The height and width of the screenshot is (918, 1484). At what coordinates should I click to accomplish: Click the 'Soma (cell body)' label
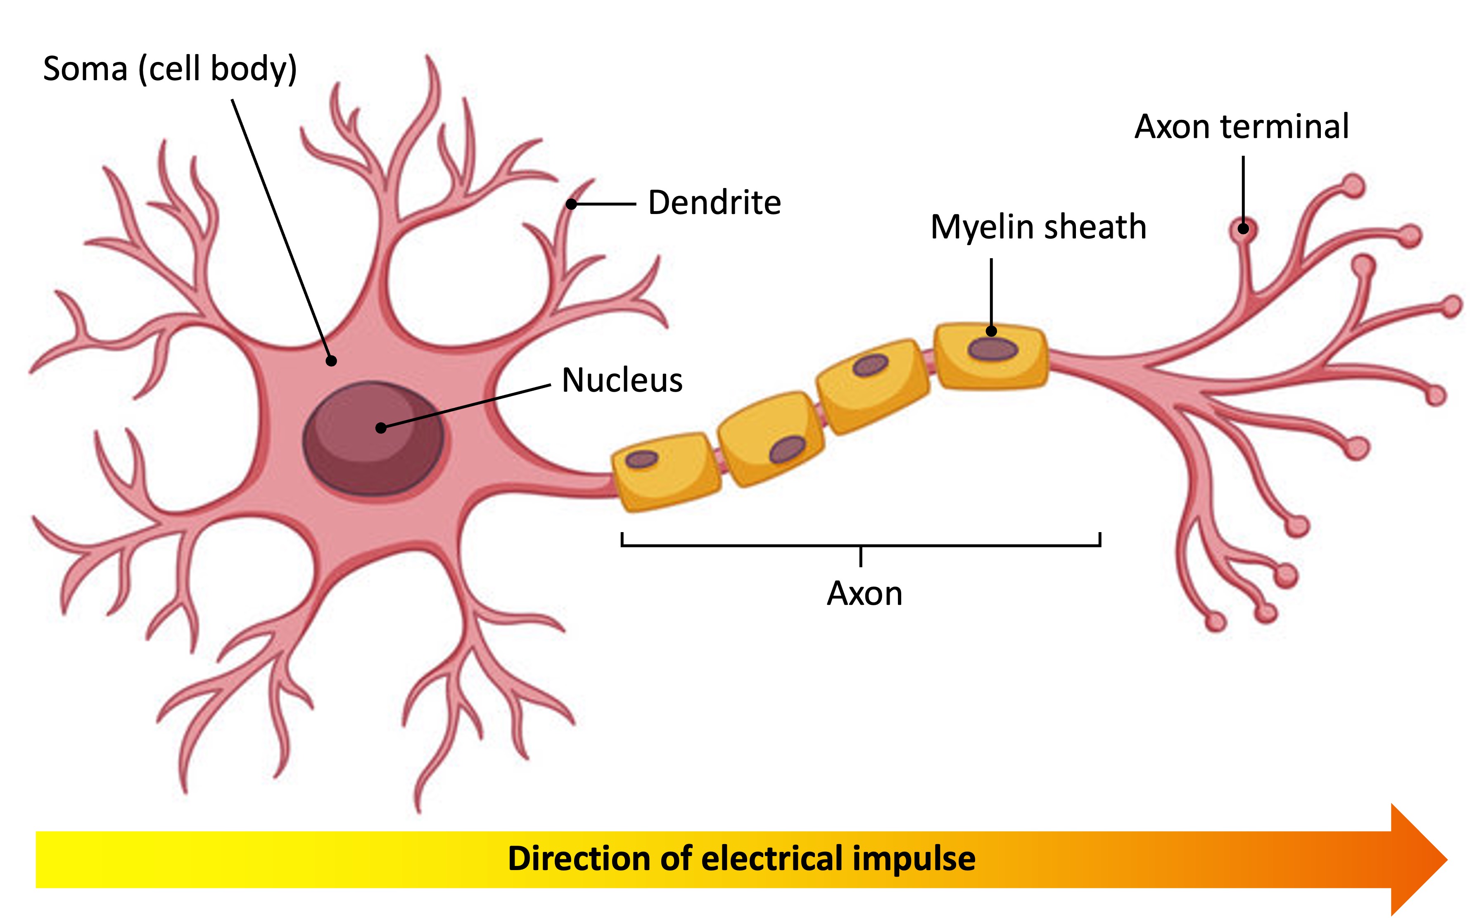[x=170, y=69]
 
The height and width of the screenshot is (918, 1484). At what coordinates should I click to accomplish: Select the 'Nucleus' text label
[x=622, y=380]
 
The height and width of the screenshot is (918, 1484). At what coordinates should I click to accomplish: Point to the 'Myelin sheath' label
[x=1038, y=227]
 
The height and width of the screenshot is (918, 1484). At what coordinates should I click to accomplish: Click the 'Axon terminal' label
[x=1241, y=127]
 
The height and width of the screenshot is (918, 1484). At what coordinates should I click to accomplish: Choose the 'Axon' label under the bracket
[x=864, y=593]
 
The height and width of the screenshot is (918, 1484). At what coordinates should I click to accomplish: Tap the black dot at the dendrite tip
[x=571, y=205]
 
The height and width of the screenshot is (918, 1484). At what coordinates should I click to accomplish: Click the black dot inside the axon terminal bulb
[x=1243, y=229]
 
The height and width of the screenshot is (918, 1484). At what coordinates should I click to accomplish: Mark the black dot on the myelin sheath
[x=991, y=331]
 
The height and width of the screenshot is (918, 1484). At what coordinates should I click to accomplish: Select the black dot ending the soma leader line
[x=331, y=361]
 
